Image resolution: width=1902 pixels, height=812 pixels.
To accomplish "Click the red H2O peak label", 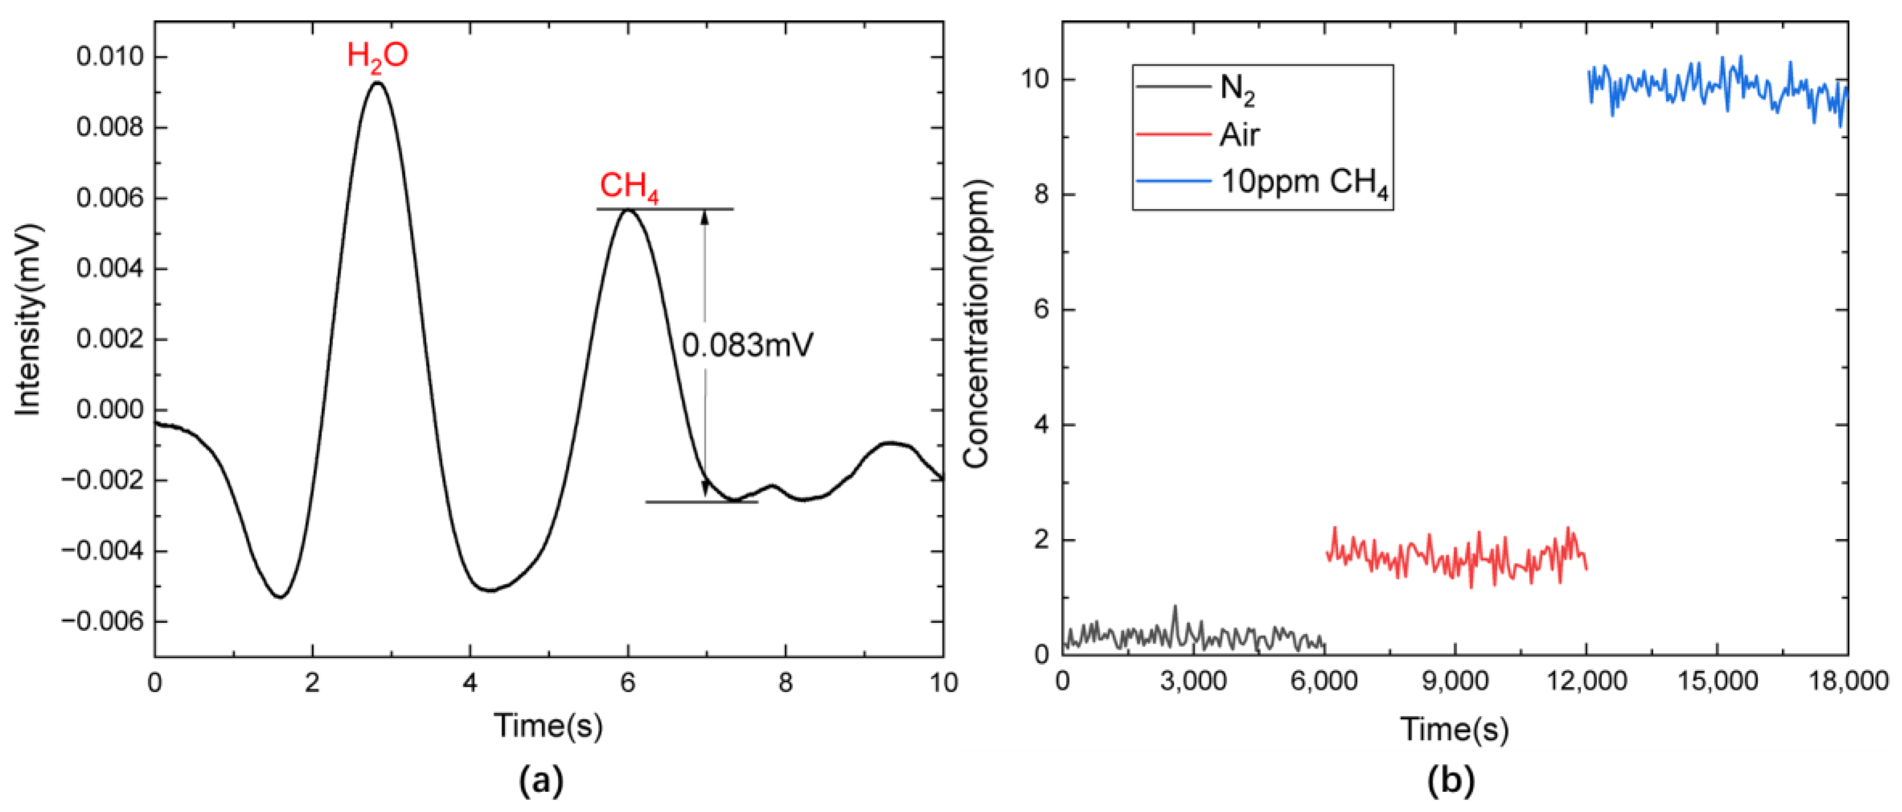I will pyautogui.click(x=377, y=57).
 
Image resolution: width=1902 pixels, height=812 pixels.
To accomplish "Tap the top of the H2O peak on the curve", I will pyautogui.click(x=378, y=83).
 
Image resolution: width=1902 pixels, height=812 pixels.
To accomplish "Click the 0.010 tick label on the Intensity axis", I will pyautogui.click(x=111, y=57).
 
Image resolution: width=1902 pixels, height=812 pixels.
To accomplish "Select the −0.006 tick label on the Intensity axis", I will pyautogui.click(x=103, y=622).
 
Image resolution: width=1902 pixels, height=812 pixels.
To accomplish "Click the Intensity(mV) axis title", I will pyautogui.click(x=28, y=319).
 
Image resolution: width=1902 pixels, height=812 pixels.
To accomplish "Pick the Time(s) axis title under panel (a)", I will pyautogui.click(x=548, y=726).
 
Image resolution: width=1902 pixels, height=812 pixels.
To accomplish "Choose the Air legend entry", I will pyautogui.click(x=1240, y=135).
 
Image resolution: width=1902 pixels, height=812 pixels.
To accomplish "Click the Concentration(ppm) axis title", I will pyautogui.click(x=976, y=325).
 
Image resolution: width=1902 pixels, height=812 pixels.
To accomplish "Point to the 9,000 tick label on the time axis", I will pyautogui.click(x=1455, y=681).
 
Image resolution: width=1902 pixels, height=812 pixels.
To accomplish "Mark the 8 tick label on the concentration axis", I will pyautogui.click(x=1042, y=196).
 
